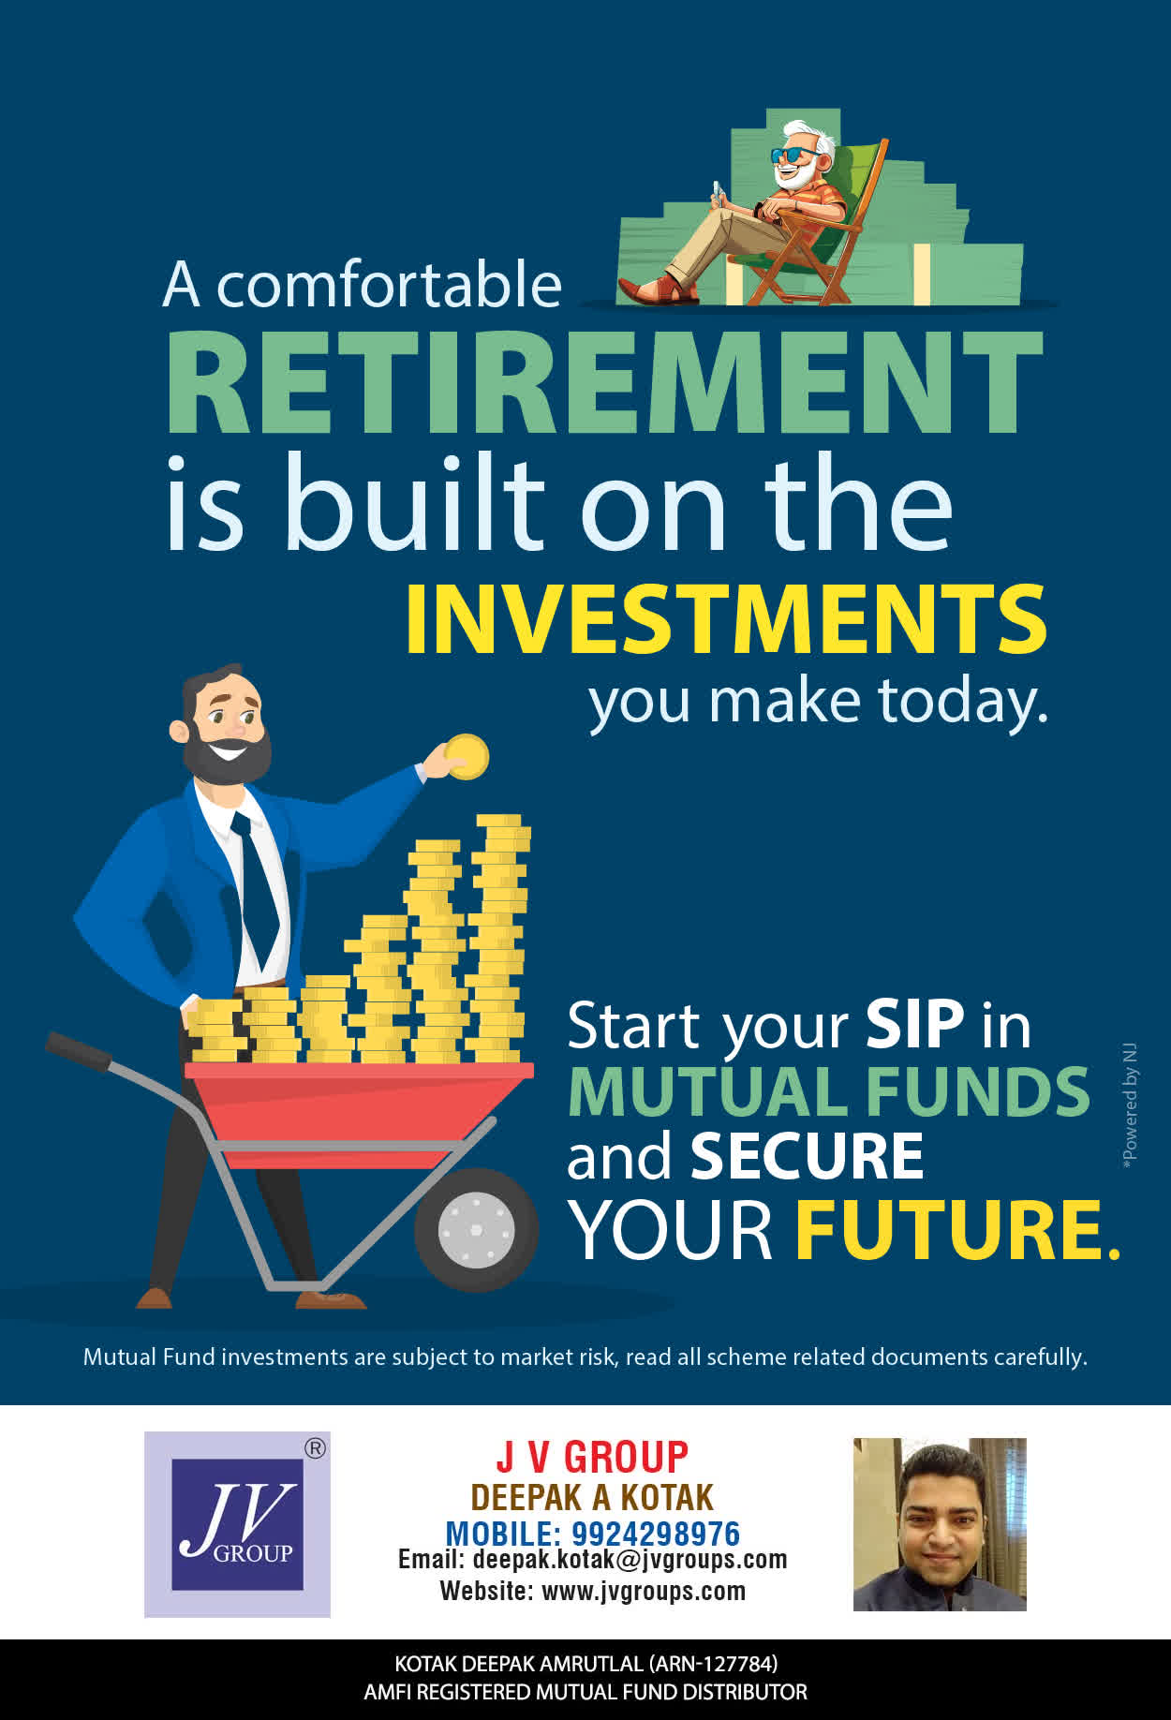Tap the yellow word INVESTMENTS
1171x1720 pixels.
pyautogui.click(x=726, y=619)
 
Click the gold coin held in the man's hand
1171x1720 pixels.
pyautogui.click(x=467, y=757)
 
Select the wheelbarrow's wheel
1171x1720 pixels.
pyautogui.click(x=476, y=1229)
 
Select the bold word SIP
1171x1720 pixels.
pyautogui.click(x=914, y=1024)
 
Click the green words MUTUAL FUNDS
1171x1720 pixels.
pyautogui.click(x=829, y=1091)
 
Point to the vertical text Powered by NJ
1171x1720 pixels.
pyautogui.click(x=1130, y=1105)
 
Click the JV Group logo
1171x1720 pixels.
pyautogui.click(x=237, y=1524)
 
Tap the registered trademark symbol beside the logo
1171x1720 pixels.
pyautogui.click(x=316, y=1448)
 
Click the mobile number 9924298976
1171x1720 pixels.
pyautogui.click(x=656, y=1534)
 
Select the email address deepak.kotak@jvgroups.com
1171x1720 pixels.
pyautogui.click(x=630, y=1560)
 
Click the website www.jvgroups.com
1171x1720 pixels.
pyautogui.click(x=644, y=1591)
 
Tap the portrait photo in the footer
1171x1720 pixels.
pyautogui.click(x=940, y=1524)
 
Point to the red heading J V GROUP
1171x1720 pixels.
pyautogui.click(x=592, y=1458)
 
